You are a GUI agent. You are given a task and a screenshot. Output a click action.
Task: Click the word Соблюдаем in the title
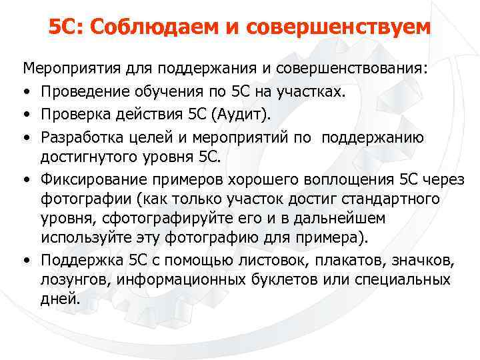point(143,28)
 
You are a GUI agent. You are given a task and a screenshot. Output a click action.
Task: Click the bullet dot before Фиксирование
point(27,179)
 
